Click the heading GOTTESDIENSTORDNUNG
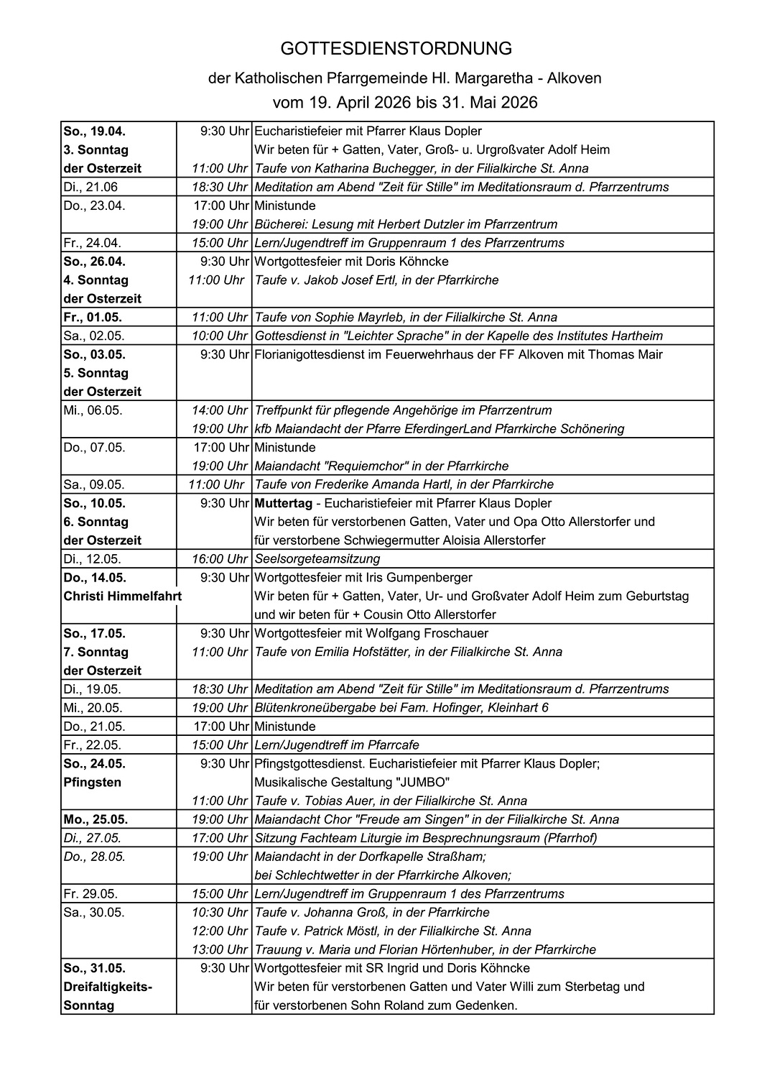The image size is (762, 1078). coord(396,49)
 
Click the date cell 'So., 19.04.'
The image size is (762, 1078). coord(95,132)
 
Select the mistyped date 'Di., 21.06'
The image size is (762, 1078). coord(90,187)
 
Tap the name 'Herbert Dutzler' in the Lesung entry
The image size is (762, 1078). coord(406,224)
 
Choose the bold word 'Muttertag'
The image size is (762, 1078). coord(283,503)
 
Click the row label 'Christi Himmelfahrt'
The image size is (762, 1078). coord(122,596)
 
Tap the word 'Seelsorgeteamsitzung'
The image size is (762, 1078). coord(317,558)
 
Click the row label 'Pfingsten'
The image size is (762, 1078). coord(93,782)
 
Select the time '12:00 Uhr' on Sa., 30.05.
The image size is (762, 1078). coord(220,931)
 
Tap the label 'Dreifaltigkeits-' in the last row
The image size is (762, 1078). coord(108,987)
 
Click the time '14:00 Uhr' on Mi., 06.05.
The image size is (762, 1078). coord(220,410)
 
